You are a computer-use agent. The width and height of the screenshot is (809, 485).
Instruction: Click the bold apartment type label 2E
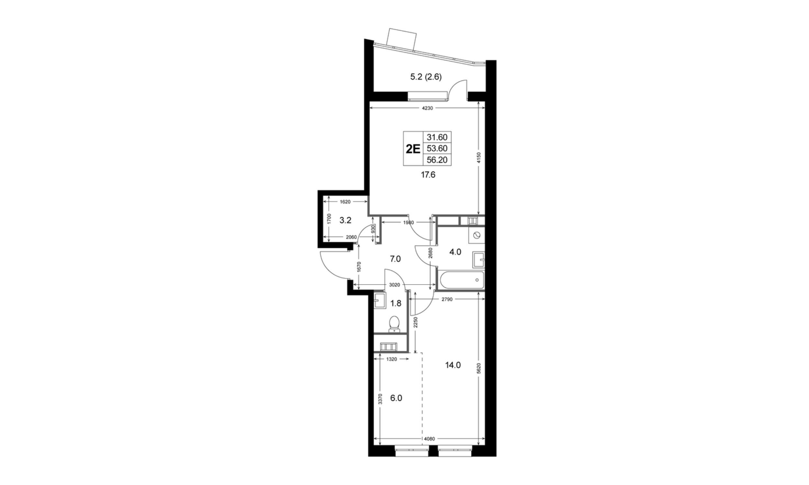(413, 149)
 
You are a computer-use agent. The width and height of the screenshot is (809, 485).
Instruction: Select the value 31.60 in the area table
(437, 137)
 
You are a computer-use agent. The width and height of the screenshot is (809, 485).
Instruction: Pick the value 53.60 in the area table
(437, 148)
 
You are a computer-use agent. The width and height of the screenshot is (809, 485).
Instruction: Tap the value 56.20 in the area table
(437, 160)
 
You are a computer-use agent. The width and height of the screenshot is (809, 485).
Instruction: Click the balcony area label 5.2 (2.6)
(426, 77)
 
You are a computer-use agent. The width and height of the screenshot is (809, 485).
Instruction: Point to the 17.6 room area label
(428, 175)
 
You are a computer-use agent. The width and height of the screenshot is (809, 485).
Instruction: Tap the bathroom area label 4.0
(455, 252)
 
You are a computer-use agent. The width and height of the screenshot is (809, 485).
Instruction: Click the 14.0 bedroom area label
(453, 365)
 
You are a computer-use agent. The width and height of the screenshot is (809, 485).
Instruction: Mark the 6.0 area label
(396, 398)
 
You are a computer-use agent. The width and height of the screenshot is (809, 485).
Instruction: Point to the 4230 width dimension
(427, 109)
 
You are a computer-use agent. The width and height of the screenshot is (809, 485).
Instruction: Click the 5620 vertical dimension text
(479, 369)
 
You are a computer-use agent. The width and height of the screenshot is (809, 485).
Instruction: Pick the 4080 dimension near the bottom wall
(429, 439)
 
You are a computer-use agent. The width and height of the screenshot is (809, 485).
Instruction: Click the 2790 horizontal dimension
(447, 299)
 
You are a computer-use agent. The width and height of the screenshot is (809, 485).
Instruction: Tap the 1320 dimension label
(392, 359)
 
